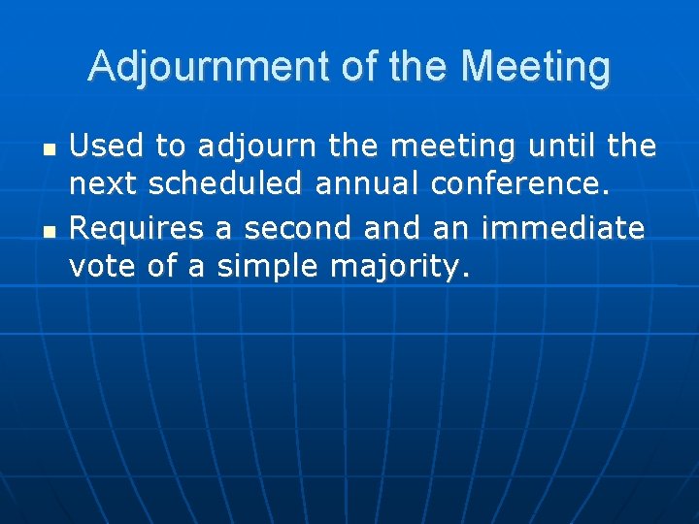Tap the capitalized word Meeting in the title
pyautogui.click(x=536, y=67)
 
